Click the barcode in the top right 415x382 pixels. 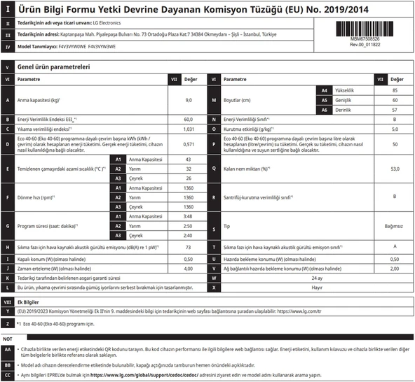click(365, 29)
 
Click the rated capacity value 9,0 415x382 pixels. click(188, 101)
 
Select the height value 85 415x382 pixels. click(395, 91)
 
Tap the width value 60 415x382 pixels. click(395, 101)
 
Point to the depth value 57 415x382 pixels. click(395, 111)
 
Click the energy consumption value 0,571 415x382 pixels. click(188, 144)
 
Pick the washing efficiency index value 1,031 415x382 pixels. click(188, 129)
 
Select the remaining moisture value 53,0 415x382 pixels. click(395, 169)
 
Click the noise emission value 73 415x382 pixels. click(188, 248)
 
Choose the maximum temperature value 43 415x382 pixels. click(188, 160)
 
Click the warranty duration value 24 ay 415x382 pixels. click(317, 277)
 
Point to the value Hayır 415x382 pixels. click(317, 287)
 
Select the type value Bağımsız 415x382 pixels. click(395, 227)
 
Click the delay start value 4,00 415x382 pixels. click(188, 268)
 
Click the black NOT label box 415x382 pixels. click(8, 339)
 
